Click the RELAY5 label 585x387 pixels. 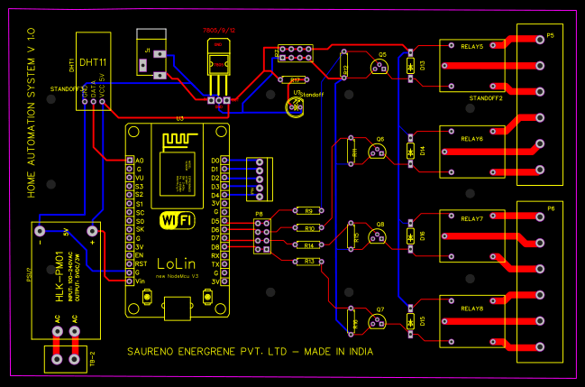point(471,45)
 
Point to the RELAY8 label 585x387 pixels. point(471,309)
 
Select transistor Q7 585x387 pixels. point(380,319)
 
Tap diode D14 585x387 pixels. point(410,151)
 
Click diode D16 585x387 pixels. point(410,235)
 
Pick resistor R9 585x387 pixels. point(308,211)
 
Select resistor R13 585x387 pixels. point(309,262)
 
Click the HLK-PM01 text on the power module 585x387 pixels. point(60,267)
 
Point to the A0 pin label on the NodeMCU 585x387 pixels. point(138,160)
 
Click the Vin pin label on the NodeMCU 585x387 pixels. point(139,281)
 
